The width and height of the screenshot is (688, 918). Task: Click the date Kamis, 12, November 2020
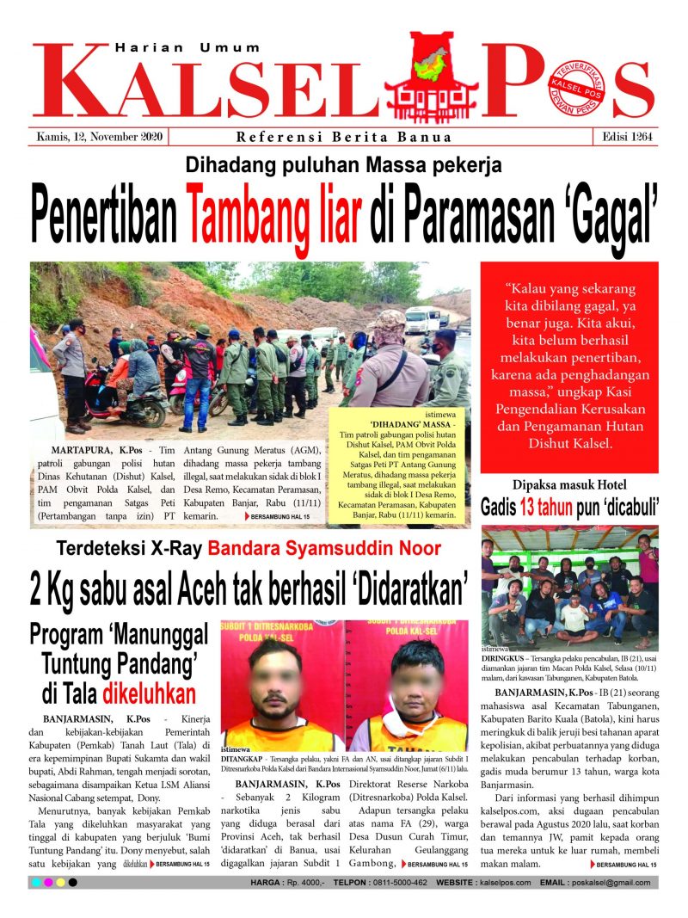pos(101,137)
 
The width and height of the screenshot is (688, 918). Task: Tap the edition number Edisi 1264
pos(624,137)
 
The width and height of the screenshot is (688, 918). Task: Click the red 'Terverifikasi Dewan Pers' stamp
pos(577,89)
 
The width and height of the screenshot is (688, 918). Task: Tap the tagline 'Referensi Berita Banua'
pos(344,138)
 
